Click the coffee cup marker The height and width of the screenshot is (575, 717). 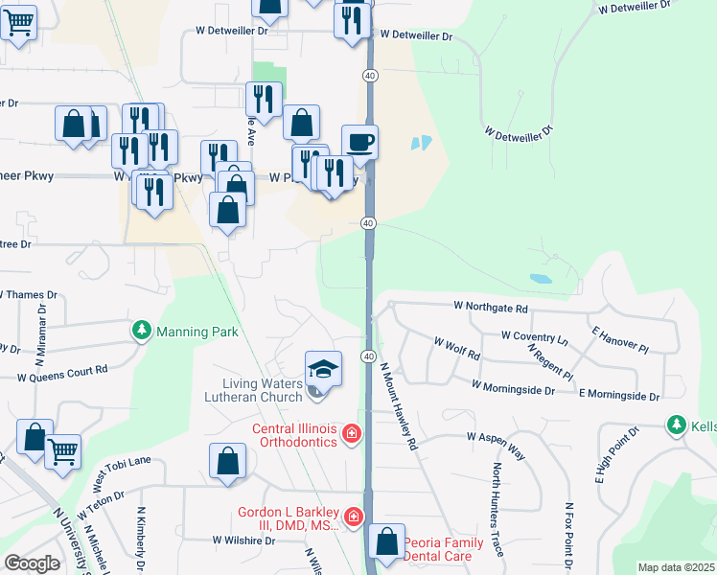coord(359,143)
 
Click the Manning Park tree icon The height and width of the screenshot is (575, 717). coord(142,332)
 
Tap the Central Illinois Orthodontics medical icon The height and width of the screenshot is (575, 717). coord(352,435)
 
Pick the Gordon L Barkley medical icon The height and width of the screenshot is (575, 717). coord(354,517)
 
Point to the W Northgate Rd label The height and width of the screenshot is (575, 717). coord(491,309)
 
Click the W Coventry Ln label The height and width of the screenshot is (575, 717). coord(534,337)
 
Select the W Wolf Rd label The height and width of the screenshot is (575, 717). coord(456,347)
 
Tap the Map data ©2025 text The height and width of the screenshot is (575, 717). coord(675,567)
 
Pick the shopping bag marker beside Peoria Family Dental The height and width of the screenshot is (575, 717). coord(386,541)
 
